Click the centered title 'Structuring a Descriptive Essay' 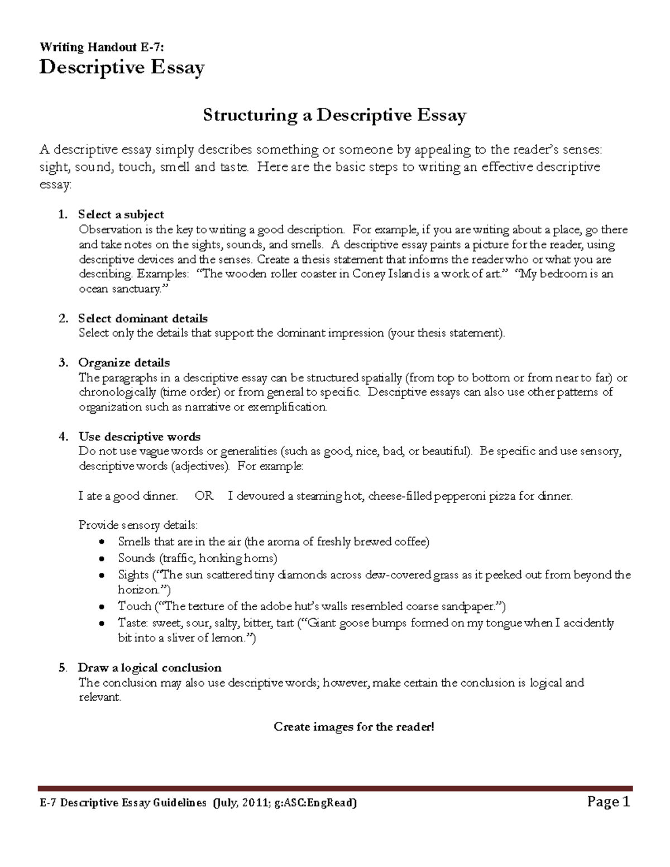tap(334, 116)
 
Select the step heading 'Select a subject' tap(121, 214)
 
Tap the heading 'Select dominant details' tap(142, 318)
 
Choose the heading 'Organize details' tap(123, 363)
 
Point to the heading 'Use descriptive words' tap(139, 437)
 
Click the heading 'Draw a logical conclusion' tap(149, 668)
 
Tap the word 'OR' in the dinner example tap(204, 496)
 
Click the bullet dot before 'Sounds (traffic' tap(101, 559)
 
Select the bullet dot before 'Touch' tap(101, 607)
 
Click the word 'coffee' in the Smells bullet tap(410, 542)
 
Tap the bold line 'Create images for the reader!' tap(353, 727)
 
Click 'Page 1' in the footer tap(609, 803)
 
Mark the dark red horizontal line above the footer tap(335, 788)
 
